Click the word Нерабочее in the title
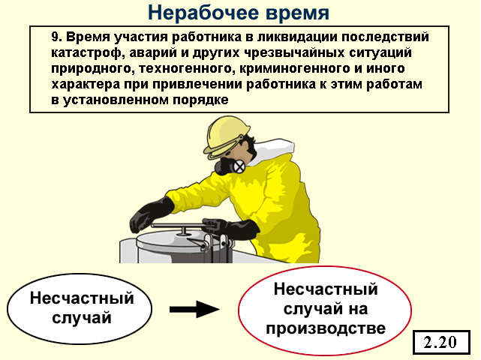(x=203, y=13)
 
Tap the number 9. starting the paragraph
(x=57, y=37)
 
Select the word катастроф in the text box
(x=86, y=52)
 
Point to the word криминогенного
(x=294, y=68)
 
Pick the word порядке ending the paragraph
(x=200, y=100)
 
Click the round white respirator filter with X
(x=239, y=166)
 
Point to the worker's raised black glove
(x=151, y=214)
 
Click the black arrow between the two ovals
(x=195, y=310)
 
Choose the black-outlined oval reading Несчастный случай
(x=80, y=308)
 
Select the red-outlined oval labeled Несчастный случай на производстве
(x=325, y=310)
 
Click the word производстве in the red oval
(x=326, y=328)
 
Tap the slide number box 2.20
(x=441, y=342)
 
